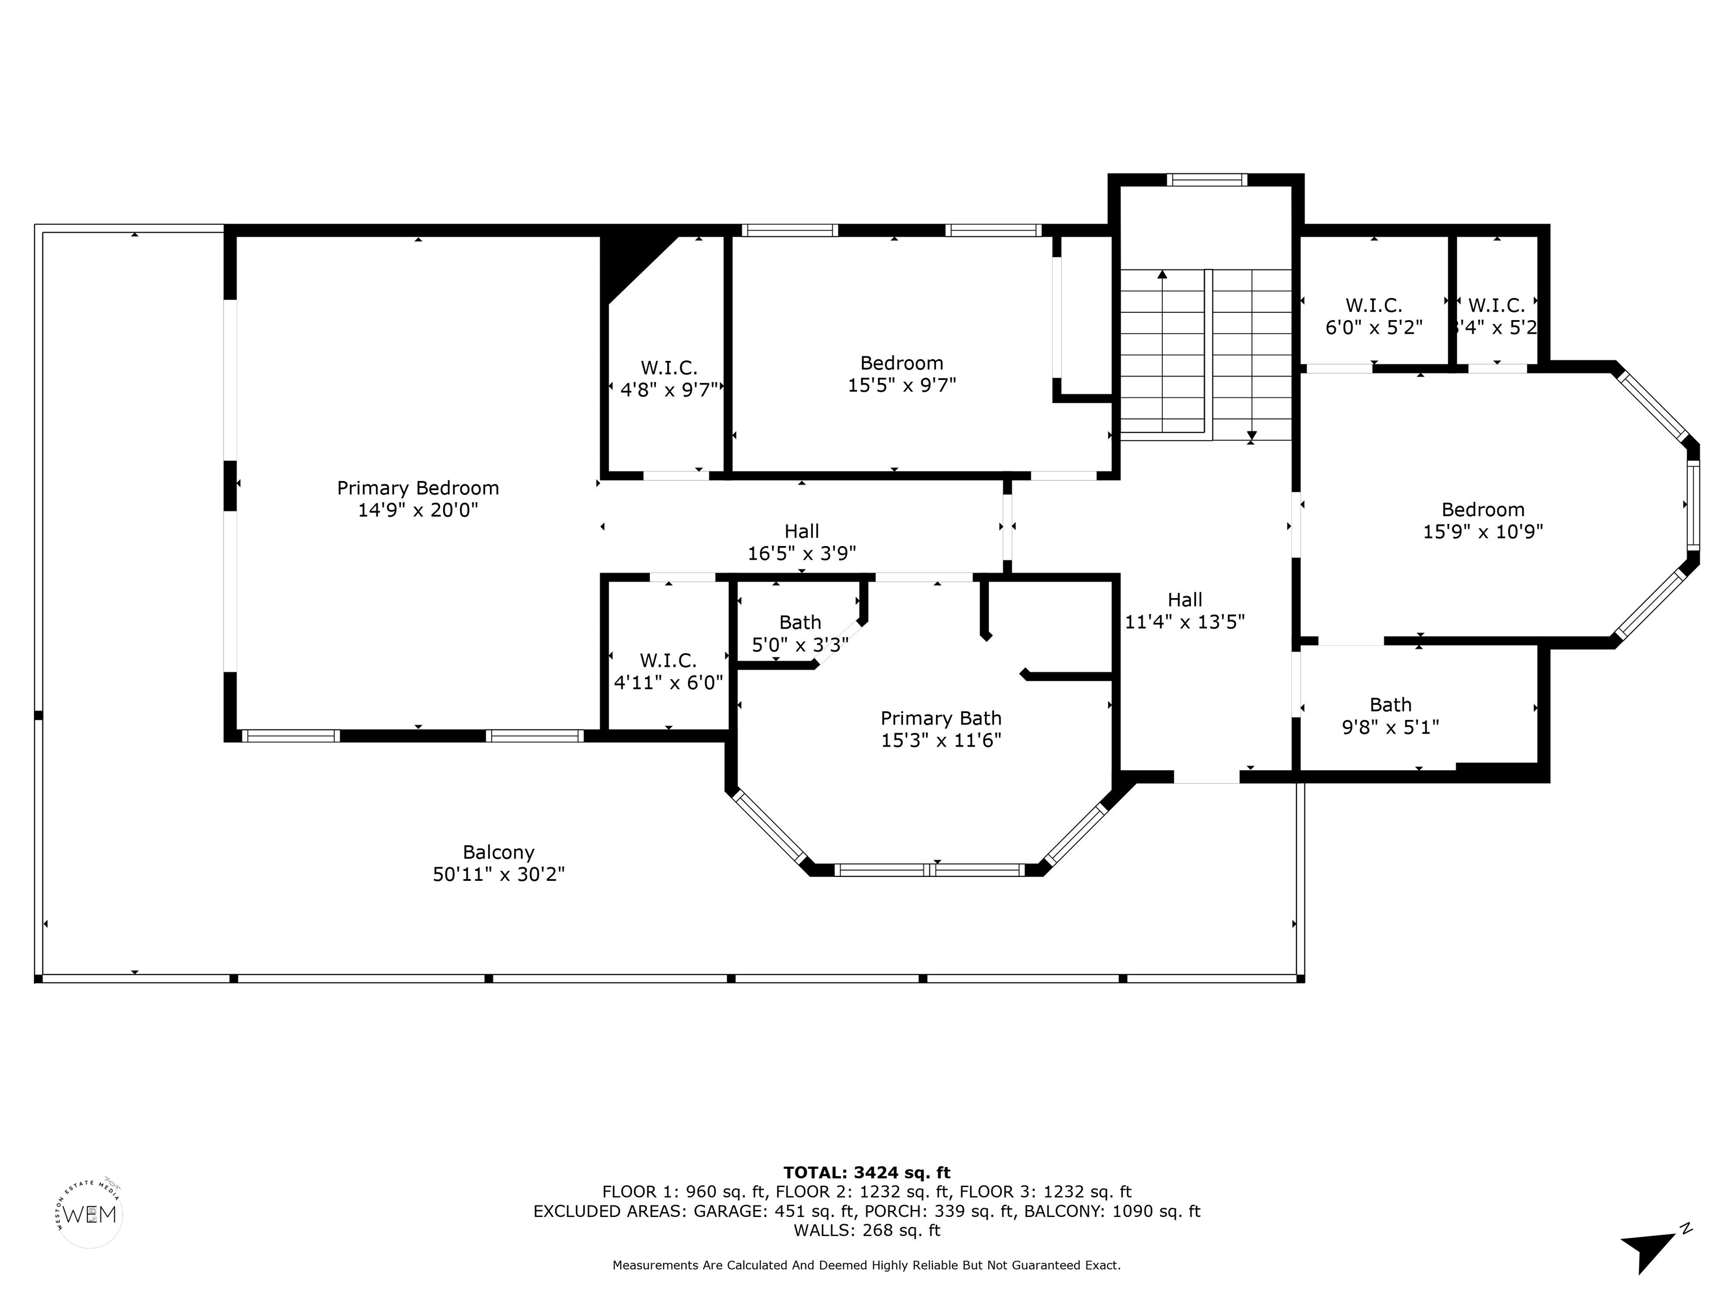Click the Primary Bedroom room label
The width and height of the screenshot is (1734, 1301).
coord(418,499)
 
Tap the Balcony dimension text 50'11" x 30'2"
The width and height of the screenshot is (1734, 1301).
coord(498,874)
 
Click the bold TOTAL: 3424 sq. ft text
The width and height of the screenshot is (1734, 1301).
coord(867,1172)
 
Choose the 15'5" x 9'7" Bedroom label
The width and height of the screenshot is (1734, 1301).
coord(901,374)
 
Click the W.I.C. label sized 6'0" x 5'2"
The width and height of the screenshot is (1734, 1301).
coord(1373,316)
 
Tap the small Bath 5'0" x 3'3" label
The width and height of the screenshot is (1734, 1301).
coord(800,634)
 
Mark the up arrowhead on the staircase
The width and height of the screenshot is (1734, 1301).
coord(1162,274)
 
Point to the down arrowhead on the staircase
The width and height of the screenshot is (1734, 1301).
coord(1252,435)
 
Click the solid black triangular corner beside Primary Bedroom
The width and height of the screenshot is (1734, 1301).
coord(633,263)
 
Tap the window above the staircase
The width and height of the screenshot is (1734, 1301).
coord(1206,180)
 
